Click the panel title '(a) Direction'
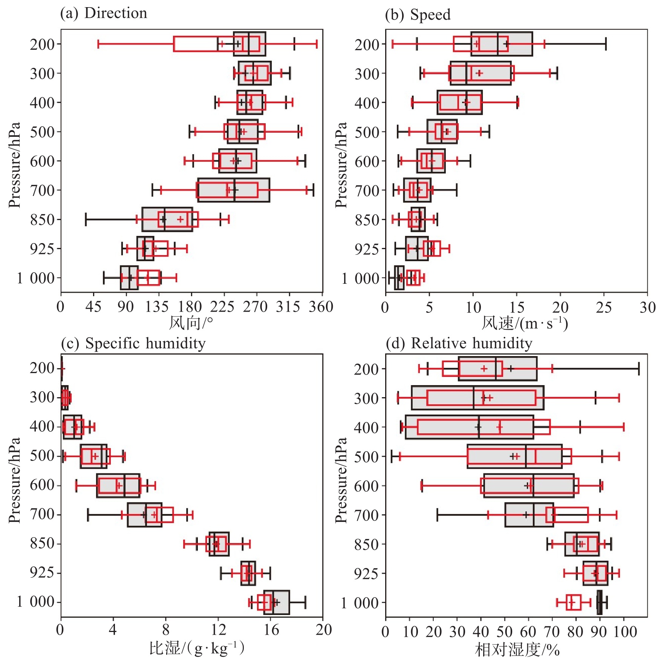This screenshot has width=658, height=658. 104,13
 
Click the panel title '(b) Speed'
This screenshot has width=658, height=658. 418,15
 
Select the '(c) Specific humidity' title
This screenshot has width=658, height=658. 133,343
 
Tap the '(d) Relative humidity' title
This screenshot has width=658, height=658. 459,343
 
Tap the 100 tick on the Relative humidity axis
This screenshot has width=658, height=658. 625,631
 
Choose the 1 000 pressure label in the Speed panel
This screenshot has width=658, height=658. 360,279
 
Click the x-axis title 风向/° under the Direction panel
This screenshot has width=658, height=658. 191,323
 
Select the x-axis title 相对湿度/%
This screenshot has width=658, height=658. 517,650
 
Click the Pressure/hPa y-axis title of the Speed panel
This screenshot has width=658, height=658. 341,165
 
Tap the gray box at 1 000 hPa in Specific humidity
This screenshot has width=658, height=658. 277,602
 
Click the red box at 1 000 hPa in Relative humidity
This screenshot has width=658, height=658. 573,602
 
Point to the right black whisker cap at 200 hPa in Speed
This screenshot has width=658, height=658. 606,44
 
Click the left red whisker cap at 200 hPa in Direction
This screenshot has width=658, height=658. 98,44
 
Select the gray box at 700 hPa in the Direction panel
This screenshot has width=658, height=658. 234,190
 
